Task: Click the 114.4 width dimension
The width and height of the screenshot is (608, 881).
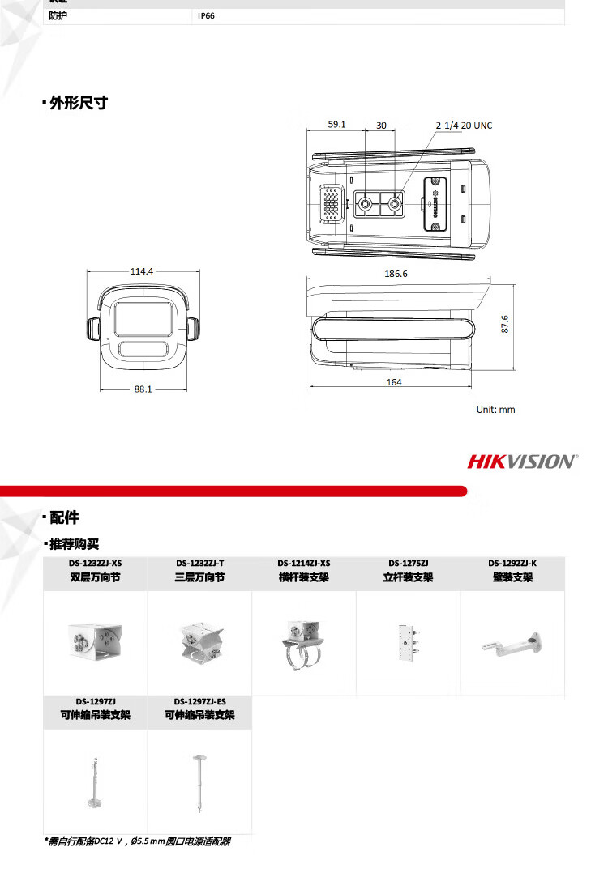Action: click(x=142, y=271)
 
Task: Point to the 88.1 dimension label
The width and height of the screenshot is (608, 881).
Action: click(x=143, y=389)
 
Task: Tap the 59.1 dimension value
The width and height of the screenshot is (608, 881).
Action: click(x=337, y=124)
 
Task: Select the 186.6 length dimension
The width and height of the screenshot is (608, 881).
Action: click(x=396, y=274)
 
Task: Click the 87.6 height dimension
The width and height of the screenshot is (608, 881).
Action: click(x=504, y=324)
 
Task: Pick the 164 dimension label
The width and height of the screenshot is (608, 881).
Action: click(x=394, y=382)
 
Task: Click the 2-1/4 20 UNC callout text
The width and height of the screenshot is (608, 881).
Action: click(x=464, y=126)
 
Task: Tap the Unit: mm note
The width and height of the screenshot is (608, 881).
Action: click(x=495, y=410)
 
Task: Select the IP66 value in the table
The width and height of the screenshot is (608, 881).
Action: click(x=206, y=15)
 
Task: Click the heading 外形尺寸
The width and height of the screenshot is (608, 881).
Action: click(x=78, y=103)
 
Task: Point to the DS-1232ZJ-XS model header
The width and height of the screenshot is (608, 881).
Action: click(x=96, y=563)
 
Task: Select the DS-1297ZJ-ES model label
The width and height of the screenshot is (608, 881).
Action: click(x=199, y=701)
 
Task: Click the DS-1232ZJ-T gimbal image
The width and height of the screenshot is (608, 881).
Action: click(x=199, y=643)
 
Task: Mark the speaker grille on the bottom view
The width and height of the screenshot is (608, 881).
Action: click(x=332, y=202)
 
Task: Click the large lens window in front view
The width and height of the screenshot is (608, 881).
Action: click(x=143, y=318)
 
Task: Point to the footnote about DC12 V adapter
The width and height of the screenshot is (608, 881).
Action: click(x=137, y=841)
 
